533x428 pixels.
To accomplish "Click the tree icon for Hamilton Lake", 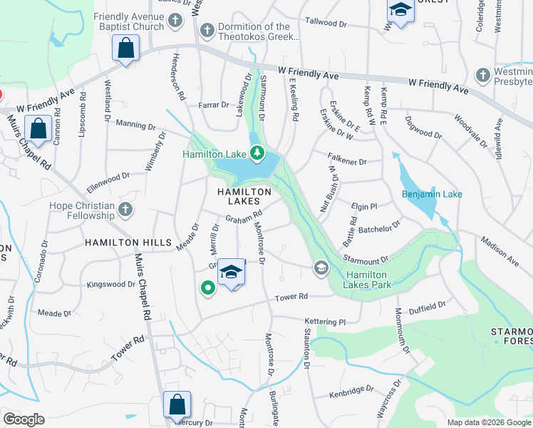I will click(x=257, y=153).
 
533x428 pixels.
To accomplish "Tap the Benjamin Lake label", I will click(x=432, y=194).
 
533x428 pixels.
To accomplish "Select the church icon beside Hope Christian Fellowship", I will click(x=125, y=209).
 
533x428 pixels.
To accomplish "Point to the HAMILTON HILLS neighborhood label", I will click(x=128, y=243).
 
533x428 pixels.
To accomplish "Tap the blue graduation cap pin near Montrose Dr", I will click(x=232, y=272).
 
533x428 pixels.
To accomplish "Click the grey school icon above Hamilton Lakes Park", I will click(x=321, y=267).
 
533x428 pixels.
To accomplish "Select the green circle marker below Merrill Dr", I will click(x=207, y=288).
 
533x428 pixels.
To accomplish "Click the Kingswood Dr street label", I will click(x=111, y=284).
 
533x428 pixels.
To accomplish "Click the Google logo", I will click(x=24, y=419).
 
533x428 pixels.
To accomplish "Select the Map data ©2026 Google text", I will click(x=488, y=422).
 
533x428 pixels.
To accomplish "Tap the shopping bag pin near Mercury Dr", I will click(x=177, y=404).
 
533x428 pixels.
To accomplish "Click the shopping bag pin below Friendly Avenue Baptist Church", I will click(x=125, y=49).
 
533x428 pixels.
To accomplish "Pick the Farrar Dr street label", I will click(x=214, y=105).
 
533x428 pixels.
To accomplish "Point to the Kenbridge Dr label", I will click(x=351, y=393).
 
